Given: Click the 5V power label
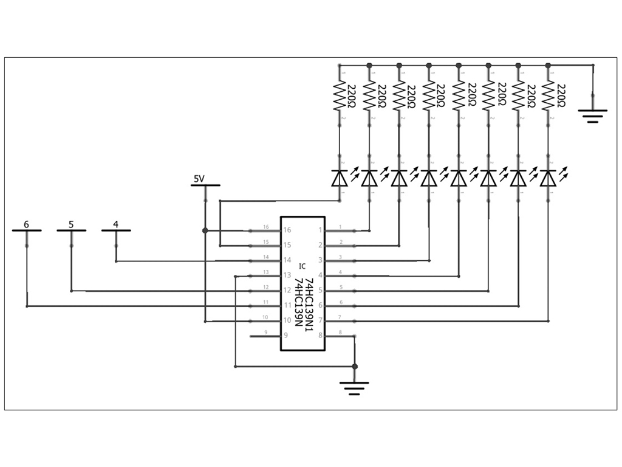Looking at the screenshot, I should (x=199, y=179).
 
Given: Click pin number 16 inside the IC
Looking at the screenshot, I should (x=287, y=230).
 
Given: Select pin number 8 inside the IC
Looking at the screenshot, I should (x=321, y=336).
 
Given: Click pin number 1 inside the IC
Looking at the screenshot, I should (x=321, y=230).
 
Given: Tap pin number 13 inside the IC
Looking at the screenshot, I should (x=287, y=275).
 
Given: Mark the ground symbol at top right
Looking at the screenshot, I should (x=593, y=114).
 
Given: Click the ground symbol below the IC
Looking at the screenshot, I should (x=355, y=387).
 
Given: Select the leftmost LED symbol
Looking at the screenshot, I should (x=339, y=178).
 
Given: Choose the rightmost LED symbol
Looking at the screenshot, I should (x=549, y=178).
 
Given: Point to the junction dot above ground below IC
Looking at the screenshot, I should (x=355, y=367).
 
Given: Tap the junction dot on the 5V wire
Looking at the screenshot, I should (x=205, y=230).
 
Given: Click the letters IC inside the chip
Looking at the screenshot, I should (x=302, y=266).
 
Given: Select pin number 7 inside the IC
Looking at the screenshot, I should (x=321, y=320).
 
